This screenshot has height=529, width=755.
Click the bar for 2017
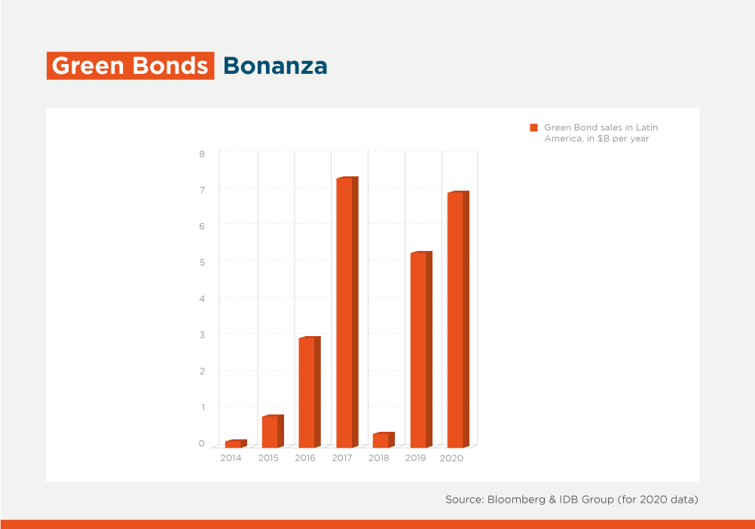coord(347,313)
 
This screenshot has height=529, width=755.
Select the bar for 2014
coord(236,444)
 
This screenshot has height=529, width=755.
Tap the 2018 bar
coord(384,440)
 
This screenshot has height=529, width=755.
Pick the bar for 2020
coord(458,320)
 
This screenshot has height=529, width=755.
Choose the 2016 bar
coord(310,393)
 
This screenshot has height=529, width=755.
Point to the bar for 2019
coord(421,350)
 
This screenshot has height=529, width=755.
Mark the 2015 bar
coord(273,431)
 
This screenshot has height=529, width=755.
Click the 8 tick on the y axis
coord(202,154)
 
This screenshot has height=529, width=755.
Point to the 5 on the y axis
coord(202,262)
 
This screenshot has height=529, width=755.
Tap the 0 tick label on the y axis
coord(202,443)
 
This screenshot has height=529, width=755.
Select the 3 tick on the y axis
coord(202,335)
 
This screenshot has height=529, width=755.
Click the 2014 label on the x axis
coord(231,458)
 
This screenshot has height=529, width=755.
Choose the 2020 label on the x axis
coord(451,458)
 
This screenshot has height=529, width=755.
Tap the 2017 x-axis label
coord(342,458)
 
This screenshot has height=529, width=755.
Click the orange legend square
coord(533,127)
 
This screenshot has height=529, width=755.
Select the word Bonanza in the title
coord(276,66)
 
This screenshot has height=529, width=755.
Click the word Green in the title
coord(88,66)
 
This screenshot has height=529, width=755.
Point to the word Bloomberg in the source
coord(516,500)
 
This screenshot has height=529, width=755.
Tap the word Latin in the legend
coord(646,127)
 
